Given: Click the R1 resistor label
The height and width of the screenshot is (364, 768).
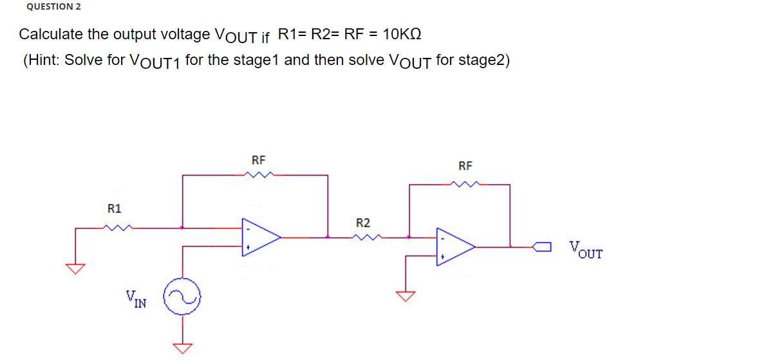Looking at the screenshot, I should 114,208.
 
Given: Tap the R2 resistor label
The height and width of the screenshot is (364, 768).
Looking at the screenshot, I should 363,223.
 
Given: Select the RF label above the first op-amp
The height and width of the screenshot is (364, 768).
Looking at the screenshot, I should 259,159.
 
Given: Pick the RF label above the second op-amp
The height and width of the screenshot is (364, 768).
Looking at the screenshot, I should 466,167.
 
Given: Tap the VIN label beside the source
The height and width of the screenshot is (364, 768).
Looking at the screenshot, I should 136,299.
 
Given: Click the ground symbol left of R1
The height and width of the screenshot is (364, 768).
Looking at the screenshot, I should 76,268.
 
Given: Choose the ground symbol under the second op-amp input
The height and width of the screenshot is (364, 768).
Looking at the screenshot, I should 405,295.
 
